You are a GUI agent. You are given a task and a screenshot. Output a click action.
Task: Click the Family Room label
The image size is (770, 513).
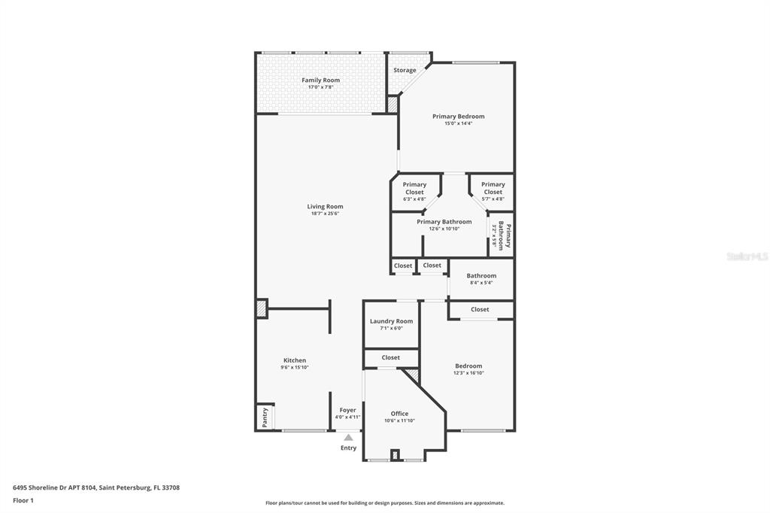click(x=321, y=80)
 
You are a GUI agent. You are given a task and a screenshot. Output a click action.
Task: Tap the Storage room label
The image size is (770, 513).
click(x=405, y=71)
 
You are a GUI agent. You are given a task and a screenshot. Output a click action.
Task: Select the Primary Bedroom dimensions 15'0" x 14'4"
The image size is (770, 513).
click(x=458, y=123)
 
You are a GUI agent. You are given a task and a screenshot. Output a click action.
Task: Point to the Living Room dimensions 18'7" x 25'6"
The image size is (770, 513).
click(x=325, y=214)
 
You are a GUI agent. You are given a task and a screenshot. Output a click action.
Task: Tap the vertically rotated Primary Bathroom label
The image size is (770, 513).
click(x=501, y=235)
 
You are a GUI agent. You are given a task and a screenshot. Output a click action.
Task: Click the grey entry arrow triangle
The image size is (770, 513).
click(x=348, y=437)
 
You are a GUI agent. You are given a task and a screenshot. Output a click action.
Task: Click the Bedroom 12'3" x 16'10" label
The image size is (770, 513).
click(x=468, y=369)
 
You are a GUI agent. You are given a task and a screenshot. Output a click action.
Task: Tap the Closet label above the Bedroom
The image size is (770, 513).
click(x=480, y=309)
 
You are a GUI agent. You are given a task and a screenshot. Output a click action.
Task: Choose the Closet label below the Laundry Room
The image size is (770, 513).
click(x=391, y=357)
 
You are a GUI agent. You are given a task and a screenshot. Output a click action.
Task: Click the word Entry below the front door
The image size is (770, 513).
click(x=348, y=448)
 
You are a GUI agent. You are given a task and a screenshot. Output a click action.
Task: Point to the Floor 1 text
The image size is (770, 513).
click(x=23, y=500)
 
